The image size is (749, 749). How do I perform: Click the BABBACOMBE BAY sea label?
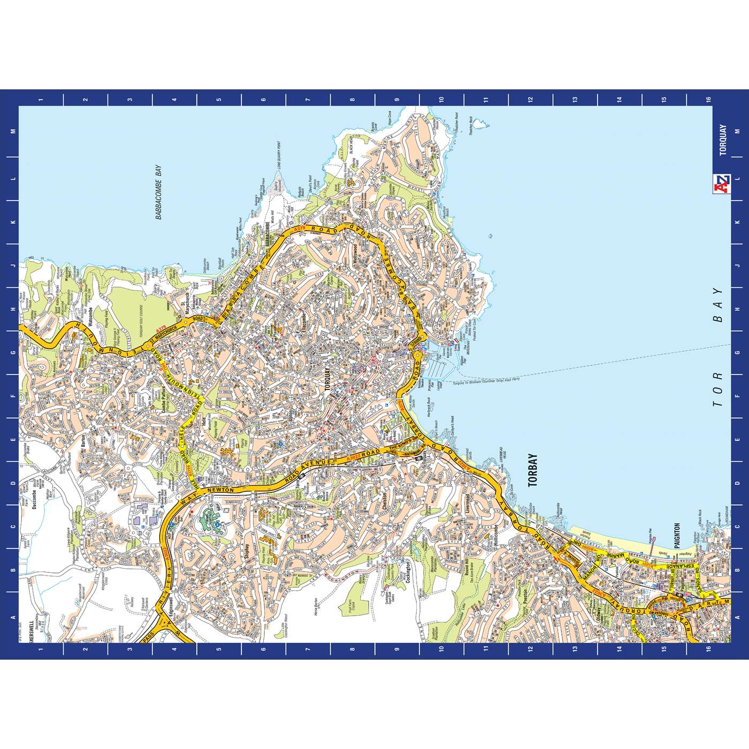(x=158, y=193)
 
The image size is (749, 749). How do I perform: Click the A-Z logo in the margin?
(x=722, y=182)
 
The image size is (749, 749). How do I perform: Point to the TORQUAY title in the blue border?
(x=723, y=140)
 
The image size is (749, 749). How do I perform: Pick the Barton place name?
(x=83, y=440)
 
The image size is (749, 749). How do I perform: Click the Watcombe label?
(x=90, y=319)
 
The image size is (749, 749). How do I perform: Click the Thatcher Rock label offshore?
(x=471, y=125)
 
